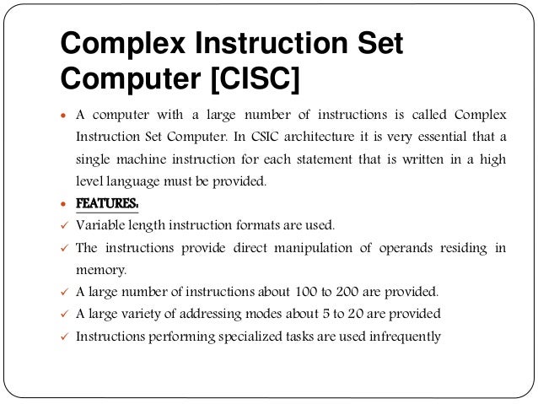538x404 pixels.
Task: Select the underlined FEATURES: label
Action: tap(107, 203)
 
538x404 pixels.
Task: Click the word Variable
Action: tap(100, 225)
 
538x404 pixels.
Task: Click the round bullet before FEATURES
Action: tap(63, 205)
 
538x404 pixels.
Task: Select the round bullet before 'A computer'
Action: tap(63, 115)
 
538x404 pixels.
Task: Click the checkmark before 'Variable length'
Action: tap(63, 226)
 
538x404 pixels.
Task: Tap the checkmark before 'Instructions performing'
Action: tap(63, 337)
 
